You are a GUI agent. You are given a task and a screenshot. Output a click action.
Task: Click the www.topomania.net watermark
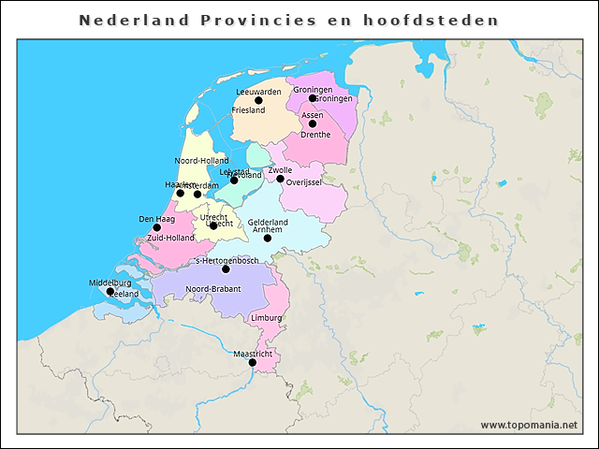click(529, 425)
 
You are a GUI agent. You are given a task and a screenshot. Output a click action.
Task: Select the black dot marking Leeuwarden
click(258, 100)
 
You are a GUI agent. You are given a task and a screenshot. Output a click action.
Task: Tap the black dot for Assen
click(313, 123)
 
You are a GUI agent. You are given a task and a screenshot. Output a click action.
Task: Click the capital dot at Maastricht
click(252, 363)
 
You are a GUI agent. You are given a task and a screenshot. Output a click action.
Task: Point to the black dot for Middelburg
click(110, 291)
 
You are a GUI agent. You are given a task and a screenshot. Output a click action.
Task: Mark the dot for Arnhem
click(268, 239)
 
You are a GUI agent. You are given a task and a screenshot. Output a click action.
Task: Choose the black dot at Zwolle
click(280, 179)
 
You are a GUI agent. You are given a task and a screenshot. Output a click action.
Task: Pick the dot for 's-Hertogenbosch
click(226, 269)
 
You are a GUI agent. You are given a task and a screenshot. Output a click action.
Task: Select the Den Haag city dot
click(157, 227)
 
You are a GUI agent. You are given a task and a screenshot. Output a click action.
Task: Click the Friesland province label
click(248, 110)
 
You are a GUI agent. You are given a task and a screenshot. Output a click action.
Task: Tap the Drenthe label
click(315, 135)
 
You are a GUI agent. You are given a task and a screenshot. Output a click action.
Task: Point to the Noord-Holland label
click(201, 161)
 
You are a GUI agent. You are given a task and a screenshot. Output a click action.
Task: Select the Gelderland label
click(268, 223)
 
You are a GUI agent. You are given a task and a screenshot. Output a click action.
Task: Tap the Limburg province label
click(267, 318)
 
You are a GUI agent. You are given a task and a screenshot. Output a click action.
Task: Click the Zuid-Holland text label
click(170, 239)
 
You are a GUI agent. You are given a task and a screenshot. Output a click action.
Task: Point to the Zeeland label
click(124, 294)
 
